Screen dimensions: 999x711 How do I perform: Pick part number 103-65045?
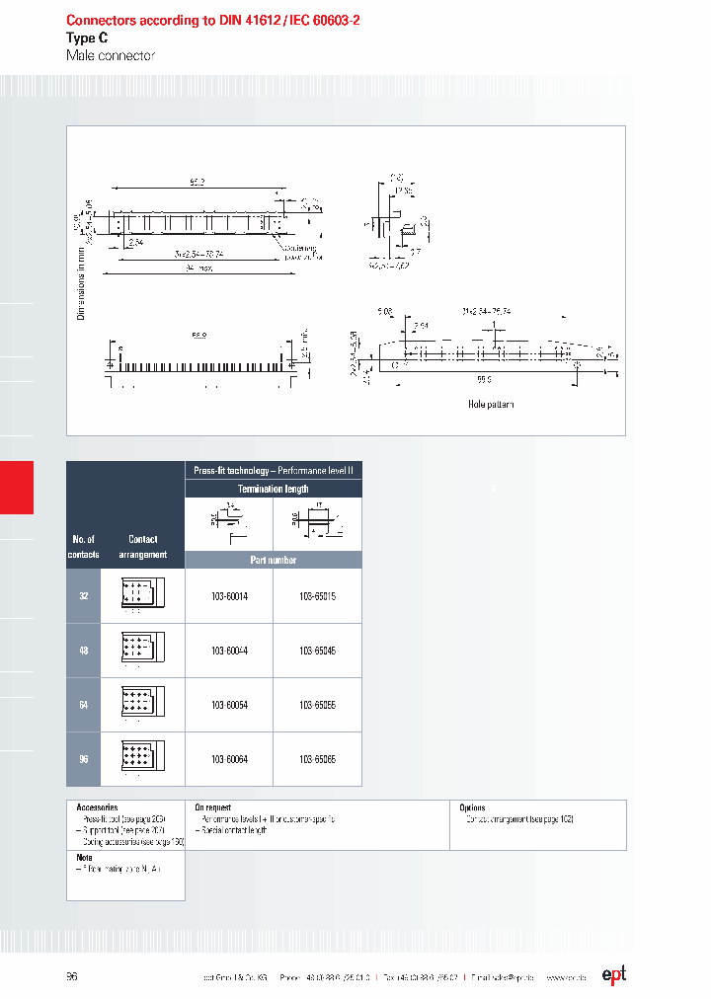click(317, 651)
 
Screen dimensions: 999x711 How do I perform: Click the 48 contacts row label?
click(84, 651)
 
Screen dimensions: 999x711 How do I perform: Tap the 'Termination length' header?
click(273, 489)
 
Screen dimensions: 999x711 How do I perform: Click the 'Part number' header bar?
click(273, 560)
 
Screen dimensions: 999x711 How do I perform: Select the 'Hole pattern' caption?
click(491, 405)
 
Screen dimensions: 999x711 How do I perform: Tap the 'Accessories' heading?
click(97, 807)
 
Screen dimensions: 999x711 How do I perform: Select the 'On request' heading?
click(212, 807)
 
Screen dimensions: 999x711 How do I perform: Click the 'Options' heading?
click(472, 807)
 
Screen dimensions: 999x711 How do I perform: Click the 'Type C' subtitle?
click(87, 38)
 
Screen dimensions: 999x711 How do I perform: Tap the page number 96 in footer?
click(72, 976)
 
